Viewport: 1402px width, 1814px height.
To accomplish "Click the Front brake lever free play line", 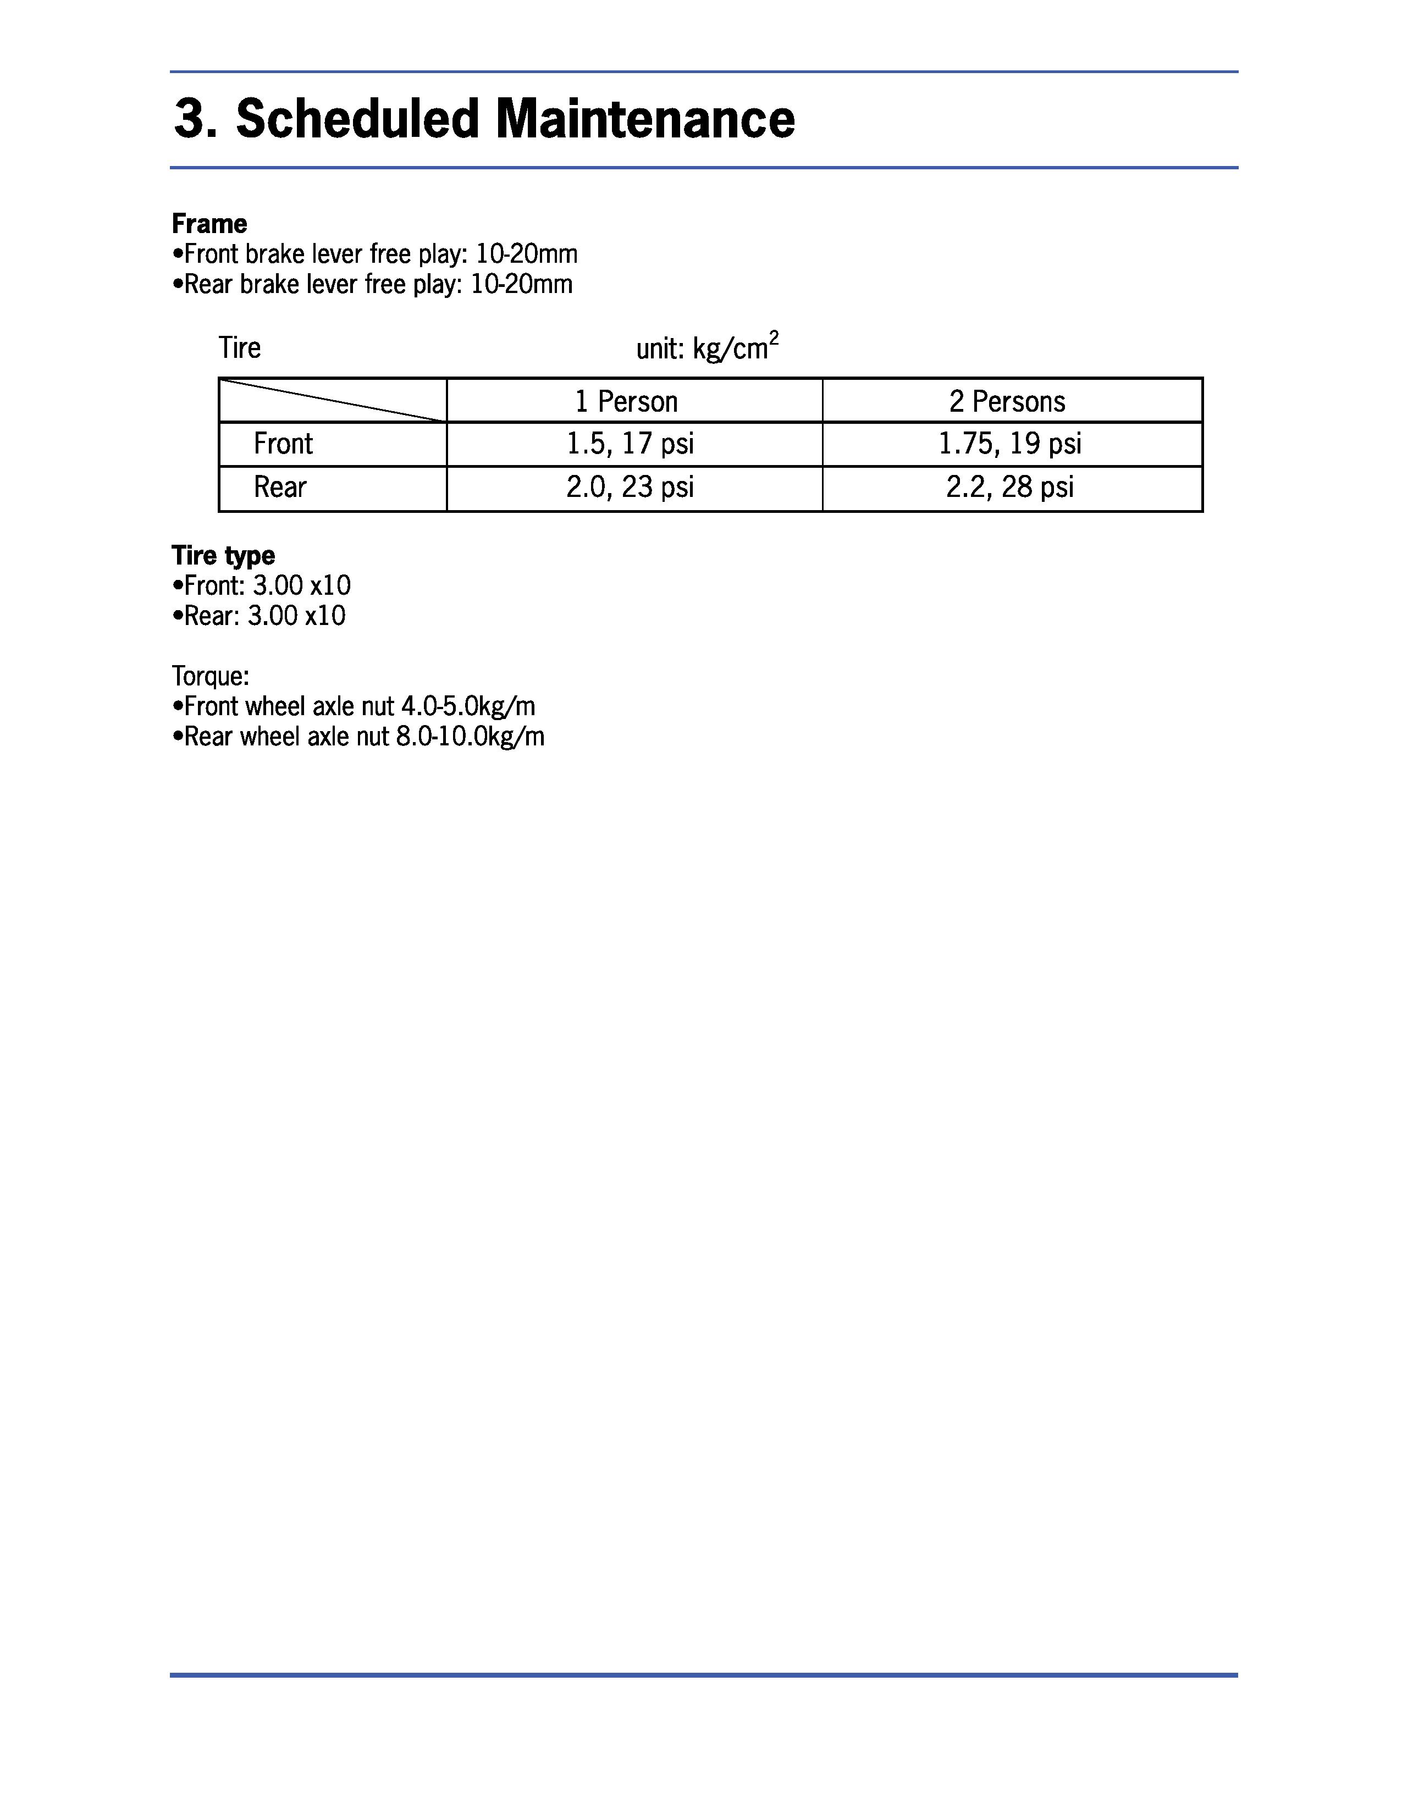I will tap(374, 253).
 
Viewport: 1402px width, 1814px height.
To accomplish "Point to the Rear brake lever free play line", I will tap(372, 284).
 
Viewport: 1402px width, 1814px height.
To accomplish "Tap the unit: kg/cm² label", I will tap(707, 347).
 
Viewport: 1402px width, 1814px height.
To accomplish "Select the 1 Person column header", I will tap(626, 401).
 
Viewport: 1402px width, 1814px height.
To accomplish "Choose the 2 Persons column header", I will tap(1007, 401).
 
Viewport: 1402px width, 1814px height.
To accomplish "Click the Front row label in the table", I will tap(283, 444).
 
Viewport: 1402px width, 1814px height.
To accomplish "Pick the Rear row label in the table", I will tap(280, 486).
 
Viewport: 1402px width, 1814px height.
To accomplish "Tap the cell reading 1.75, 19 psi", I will tap(1010, 444).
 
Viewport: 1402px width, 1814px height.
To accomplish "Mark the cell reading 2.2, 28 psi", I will tap(1010, 486).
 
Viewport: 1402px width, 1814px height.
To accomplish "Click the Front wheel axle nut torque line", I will tap(354, 706).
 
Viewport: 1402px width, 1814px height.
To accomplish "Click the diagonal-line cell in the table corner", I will tap(332, 400).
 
